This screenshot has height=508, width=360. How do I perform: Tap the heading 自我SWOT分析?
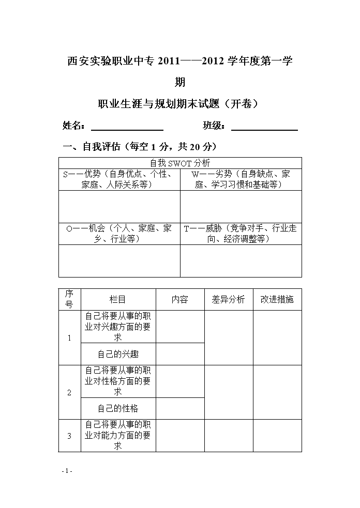[x=180, y=163]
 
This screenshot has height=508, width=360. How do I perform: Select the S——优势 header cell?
[x=119, y=179]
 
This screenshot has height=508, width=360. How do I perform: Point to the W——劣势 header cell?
[x=241, y=179]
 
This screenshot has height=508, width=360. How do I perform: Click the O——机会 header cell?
[x=119, y=233]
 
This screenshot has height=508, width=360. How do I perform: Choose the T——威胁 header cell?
[x=241, y=233]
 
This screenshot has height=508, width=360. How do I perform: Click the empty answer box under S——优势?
[x=119, y=206]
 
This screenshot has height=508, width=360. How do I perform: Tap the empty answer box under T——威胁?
[x=241, y=260]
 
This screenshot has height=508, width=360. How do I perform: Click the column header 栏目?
[x=118, y=299]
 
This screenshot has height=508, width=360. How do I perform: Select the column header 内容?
[x=180, y=299]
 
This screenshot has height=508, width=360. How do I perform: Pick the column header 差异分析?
[x=228, y=299]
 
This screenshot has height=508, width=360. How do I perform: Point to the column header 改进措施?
[x=277, y=299]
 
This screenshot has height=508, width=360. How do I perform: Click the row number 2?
[x=70, y=392]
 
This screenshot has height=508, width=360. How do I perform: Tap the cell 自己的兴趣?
[x=118, y=354]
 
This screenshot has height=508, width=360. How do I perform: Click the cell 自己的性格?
[x=118, y=408]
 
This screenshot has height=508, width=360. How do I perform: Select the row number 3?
[x=70, y=436]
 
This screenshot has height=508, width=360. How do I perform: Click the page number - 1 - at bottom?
[x=67, y=471]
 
